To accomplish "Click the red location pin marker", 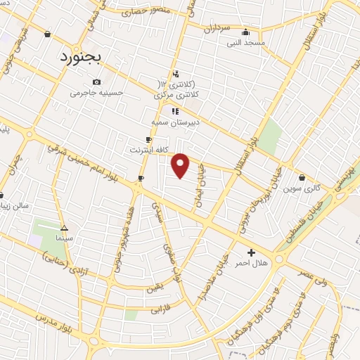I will tap(181, 165).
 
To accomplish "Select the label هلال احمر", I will tap(251, 263).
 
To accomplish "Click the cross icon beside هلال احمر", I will tap(252, 252).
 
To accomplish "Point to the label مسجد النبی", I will tap(245, 43).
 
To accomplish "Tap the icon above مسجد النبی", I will tap(245, 32).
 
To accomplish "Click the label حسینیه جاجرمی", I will tap(96, 92).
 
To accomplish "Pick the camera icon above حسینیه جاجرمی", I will tap(96, 82).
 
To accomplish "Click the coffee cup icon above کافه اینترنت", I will tap(148, 139).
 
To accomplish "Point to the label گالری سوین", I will tap(302, 188).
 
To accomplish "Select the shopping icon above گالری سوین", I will tap(302, 178).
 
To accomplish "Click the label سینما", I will tap(65, 239).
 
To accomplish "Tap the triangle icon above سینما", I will tap(65, 229).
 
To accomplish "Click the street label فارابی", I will tap(160, 308).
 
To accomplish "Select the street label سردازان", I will tap(218, 30).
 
